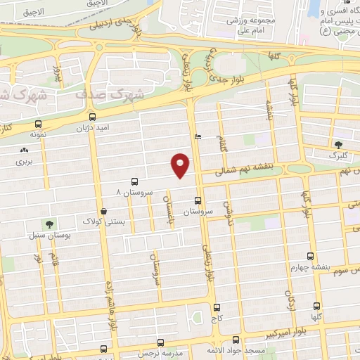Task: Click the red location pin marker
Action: point(181,165)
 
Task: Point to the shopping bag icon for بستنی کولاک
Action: point(103,210)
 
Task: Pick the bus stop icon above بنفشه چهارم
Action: point(311,257)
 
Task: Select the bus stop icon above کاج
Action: point(216,307)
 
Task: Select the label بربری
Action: point(25,161)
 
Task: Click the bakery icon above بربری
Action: point(25,150)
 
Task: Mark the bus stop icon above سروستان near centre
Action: point(198,200)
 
